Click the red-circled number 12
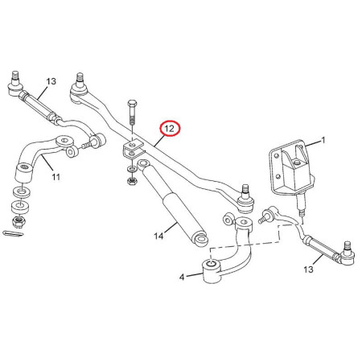[x=170, y=129]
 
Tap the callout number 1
[x=323, y=140]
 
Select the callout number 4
[x=182, y=277]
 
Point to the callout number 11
[x=56, y=177]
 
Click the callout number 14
[x=158, y=236]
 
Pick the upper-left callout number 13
[x=51, y=81]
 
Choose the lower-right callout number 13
[x=308, y=269]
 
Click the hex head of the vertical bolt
[x=132, y=103]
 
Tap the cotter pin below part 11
[x=13, y=233]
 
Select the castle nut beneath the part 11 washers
[x=17, y=222]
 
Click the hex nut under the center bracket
[x=132, y=181]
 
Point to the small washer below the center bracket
[x=132, y=170]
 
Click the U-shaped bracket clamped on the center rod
[x=132, y=150]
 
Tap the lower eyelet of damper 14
[x=200, y=239]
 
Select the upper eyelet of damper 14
[x=144, y=163]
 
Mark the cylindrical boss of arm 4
[x=212, y=271]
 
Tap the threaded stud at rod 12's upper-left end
[x=80, y=78]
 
